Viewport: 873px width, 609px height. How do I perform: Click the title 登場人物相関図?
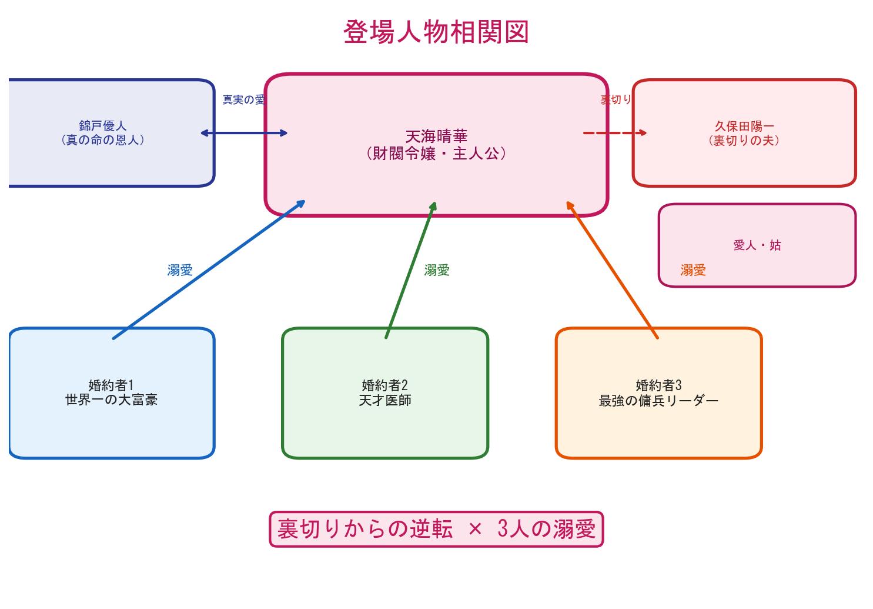[436, 32]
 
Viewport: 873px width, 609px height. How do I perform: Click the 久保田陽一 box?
[744, 134]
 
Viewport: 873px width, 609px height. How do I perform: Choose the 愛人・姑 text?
[757, 245]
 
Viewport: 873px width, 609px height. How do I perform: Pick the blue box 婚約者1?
[111, 393]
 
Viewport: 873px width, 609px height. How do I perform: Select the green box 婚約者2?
[385, 393]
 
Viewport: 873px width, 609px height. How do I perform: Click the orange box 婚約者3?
[658, 393]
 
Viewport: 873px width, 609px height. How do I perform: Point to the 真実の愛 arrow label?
[243, 100]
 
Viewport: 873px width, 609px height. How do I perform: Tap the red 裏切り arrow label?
[616, 100]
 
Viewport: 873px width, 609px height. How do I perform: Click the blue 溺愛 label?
[180, 270]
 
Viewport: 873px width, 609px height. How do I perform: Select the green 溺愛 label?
[437, 270]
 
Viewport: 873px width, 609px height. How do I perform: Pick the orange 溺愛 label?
[693, 270]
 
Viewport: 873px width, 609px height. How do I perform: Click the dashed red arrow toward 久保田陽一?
[614, 133]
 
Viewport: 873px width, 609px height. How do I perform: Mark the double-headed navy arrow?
[244, 133]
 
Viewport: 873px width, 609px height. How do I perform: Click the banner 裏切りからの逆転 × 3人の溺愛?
[436, 530]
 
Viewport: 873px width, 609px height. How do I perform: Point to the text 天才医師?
[385, 401]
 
